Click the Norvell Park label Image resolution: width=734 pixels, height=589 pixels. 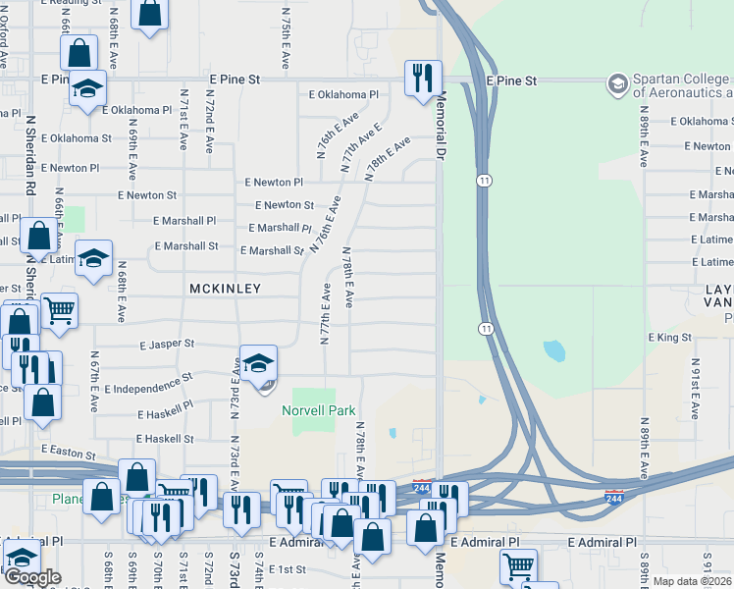[x=319, y=410]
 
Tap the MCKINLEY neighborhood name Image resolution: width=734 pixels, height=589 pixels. [x=226, y=289]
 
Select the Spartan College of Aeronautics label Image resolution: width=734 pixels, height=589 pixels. [x=682, y=85]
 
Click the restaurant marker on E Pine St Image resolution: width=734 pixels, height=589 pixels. [x=423, y=78]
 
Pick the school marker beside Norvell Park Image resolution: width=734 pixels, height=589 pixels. [x=257, y=364]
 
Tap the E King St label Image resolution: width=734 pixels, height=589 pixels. [x=670, y=338]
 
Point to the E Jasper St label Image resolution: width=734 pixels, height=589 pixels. [x=167, y=346]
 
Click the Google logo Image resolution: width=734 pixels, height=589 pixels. [x=32, y=577]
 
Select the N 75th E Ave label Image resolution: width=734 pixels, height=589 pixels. [x=285, y=39]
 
